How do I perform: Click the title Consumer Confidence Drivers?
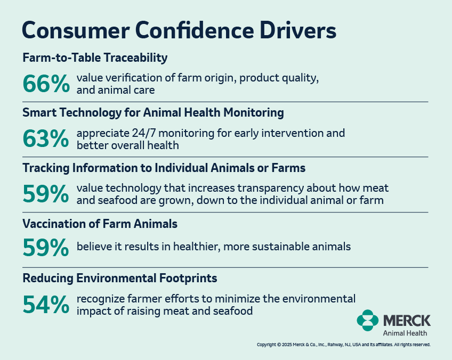coord(179,30)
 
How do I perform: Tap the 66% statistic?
coord(46,84)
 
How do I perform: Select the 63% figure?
coord(46,139)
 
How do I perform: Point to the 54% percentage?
coord(46,305)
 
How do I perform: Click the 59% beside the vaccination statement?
coord(46,247)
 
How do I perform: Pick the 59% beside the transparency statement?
coord(46,194)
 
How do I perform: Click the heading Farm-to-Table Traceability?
coord(95,58)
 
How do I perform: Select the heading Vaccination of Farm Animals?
coord(100,224)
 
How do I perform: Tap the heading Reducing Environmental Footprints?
coord(119,279)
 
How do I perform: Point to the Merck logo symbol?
coord(368,320)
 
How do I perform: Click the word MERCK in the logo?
coord(407,320)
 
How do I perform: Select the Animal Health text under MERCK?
coord(405,333)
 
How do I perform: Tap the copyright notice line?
coord(344,345)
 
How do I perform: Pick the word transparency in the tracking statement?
coord(270,189)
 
